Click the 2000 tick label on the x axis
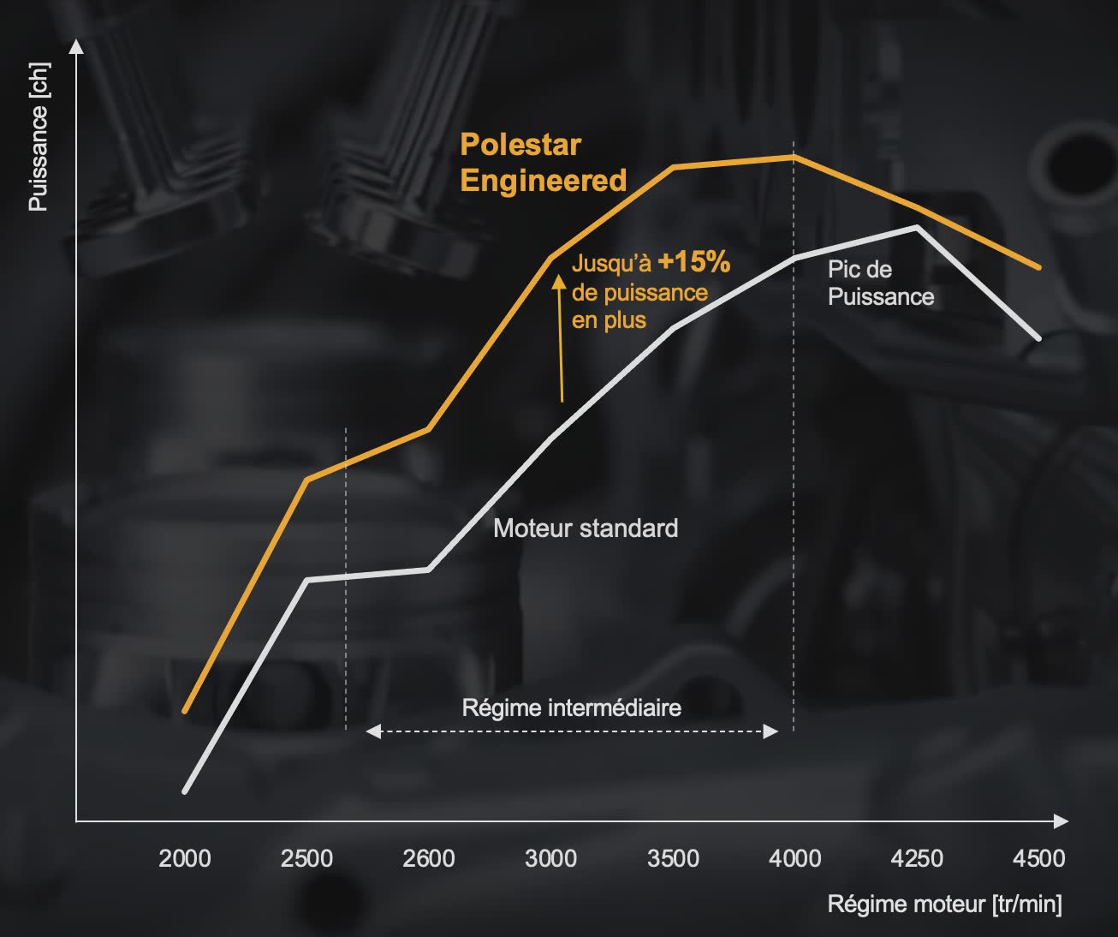point(184,858)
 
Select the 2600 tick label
point(428,858)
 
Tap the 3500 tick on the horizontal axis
point(673,858)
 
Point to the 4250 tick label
point(917,858)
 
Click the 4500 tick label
point(1038,858)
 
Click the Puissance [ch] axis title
point(39,137)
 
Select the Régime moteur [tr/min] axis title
point(944,904)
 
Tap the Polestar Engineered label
point(543,163)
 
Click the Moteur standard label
point(586,528)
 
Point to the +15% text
point(694,262)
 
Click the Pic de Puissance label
point(880,283)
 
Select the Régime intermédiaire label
point(571,708)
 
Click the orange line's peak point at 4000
point(794,157)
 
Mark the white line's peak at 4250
point(917,227)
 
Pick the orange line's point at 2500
point(306,480)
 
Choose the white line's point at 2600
point(429,569)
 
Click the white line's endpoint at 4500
point(1038,339)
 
